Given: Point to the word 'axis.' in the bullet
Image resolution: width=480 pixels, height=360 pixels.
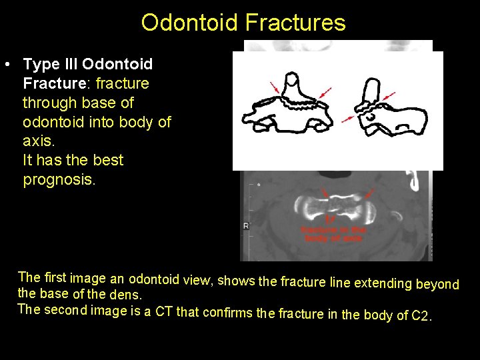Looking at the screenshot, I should (x=37, y=141).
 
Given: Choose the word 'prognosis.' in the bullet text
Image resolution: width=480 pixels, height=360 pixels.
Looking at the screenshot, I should (x=59, y=180).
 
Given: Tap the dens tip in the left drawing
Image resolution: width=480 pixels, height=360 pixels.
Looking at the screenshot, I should (x=292, y=81).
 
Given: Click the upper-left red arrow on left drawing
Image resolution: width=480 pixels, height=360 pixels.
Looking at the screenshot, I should (x=274, y=87).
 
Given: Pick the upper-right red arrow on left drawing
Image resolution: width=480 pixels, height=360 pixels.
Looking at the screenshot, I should (x=326, y=90).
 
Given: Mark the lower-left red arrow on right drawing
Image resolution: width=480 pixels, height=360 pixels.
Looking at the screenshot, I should (x=348, y=118).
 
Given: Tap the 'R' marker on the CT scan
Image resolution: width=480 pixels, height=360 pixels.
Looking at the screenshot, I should (x=245, y=226).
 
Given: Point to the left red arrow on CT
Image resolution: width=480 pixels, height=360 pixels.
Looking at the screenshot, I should (x=325, y=193).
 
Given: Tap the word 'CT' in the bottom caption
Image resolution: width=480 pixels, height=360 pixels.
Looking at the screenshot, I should (x=164, y=311).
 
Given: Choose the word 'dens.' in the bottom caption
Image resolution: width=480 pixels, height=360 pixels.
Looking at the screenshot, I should (x=125, y=294).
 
